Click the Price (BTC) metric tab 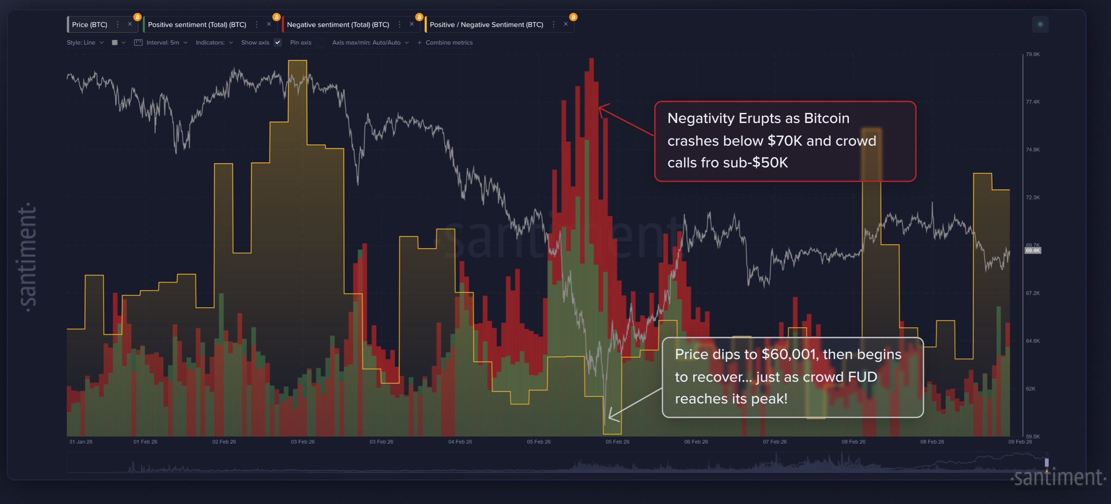[x=89, y=25]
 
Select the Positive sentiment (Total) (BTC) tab [x=197, y=25]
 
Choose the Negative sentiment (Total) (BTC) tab [x=338, y=25]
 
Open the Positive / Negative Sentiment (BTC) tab [x=486, y=25]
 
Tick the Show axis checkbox [x=278, y=42]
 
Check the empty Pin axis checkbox [x=320, y=42]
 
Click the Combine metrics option [x=448, y=42]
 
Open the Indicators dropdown [x=214, y=42]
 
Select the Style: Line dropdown [x=85, y=42]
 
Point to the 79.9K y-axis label [x=1033, y=54]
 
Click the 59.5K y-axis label [x=1033, y=436]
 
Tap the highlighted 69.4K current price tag [x=1033, y=250]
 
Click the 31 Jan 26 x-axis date [x=81, y=441]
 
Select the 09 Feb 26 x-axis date [x=1019, y=441]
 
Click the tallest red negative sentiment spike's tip [x=592, y=59]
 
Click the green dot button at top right [x=1040, y=25]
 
